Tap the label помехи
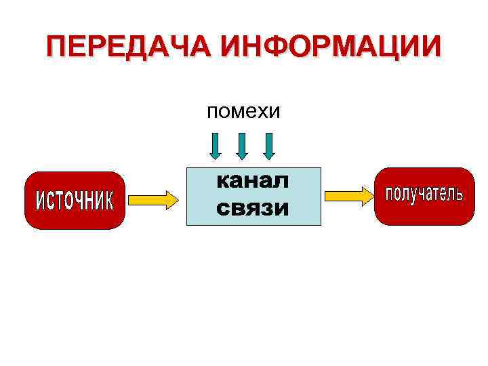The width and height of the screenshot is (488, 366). (x=243, y=110)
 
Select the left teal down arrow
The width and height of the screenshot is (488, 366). (x=215, y=145)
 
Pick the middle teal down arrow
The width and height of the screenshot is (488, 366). (x=242, y=145)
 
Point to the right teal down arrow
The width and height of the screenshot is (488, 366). (x=269, y=145)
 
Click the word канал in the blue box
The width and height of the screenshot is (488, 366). (x=253, y=181)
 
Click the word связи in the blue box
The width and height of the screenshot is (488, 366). (x=253, y=208)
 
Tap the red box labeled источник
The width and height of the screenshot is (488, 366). (x=75, y=200)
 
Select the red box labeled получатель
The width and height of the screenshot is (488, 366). (x=424, y=196)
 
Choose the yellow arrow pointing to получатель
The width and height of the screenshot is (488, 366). (x=348, y=196)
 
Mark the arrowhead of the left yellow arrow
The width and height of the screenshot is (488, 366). (x=170, y=199)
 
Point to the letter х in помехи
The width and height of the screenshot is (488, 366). (x=263, y=112)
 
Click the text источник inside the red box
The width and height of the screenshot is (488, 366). (x=75, y=201)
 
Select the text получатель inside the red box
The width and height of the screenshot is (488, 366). (x=424, y=195)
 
